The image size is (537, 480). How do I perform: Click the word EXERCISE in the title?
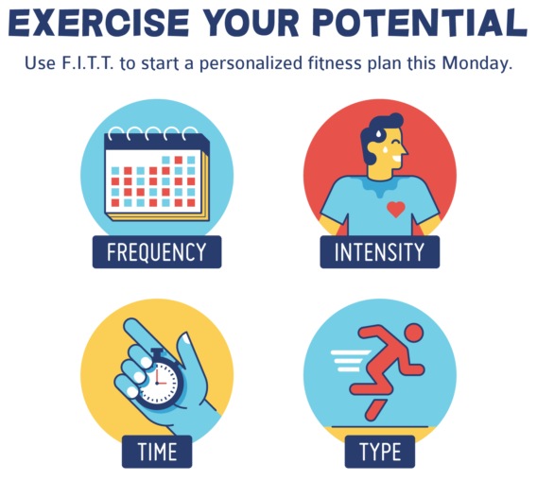click(98, 23)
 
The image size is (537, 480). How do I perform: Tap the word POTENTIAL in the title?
click(420, 23)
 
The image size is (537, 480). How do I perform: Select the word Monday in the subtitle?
click(477, 63)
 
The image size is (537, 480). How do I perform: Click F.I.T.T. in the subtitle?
click(87, 63)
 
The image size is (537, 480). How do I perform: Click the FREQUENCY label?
click(157, 252)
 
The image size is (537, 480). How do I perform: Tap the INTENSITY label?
click(379, 252)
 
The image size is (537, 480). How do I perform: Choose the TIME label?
click(157, 452)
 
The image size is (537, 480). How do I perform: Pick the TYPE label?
click(380, 452)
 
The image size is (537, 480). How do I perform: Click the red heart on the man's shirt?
click(396, 210)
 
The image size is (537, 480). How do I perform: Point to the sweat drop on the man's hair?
click(379, 132)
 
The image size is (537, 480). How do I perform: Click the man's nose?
click(405, 149)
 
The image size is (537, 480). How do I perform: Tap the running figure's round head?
click(414, 334)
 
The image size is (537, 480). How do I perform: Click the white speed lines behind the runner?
click(351, 361)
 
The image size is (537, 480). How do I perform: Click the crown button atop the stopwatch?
click(158, 353)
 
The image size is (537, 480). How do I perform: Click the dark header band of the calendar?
click(156, 142)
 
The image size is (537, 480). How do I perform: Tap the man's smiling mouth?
click(396, 160)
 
